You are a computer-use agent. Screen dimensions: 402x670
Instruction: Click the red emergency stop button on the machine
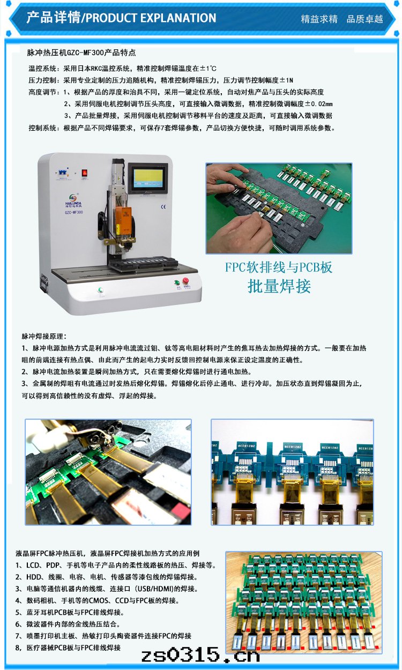[185, 280]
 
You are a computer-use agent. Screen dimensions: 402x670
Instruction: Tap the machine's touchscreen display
[148, 178]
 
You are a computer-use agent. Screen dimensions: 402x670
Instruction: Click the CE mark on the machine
[163, 207]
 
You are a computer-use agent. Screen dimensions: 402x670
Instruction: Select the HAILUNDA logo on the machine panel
[73, 200]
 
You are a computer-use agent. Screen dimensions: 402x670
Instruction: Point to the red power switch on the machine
[85, 173]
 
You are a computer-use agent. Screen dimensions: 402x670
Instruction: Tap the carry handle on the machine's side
[44, 282]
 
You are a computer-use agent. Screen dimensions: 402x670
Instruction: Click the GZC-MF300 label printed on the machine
[73, 212]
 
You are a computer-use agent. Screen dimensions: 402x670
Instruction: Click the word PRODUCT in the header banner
[111, 18]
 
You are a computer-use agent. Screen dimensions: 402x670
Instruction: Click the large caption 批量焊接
[279, 286]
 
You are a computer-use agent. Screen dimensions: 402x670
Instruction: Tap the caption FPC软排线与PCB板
[279, 267]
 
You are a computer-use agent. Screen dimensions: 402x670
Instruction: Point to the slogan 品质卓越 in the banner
[364, 19]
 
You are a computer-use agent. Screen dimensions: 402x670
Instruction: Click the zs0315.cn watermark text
[200, 656]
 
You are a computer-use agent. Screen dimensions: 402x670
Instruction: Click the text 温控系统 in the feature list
[42, 69]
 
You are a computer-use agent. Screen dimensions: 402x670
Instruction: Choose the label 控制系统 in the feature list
[42, 128]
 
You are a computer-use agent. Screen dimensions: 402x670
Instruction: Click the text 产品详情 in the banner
[54, 18]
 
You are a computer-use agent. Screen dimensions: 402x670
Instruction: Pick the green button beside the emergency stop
[177, 282]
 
